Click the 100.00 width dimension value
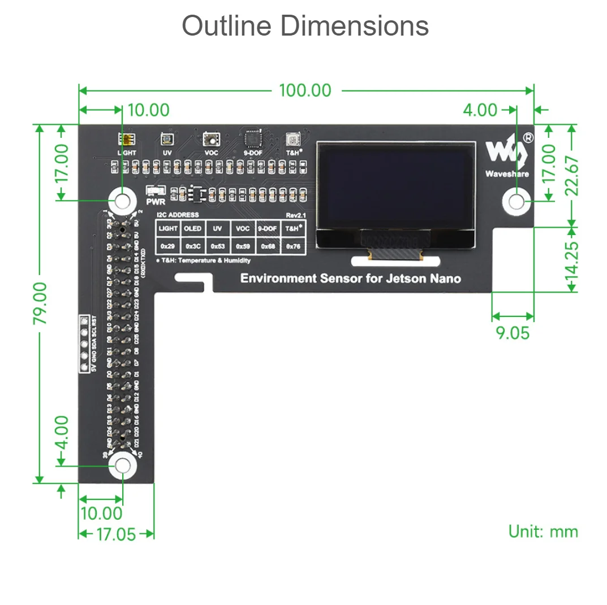305,90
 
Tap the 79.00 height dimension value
40,303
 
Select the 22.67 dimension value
572,175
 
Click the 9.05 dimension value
513,333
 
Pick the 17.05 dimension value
116,534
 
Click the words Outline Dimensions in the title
305,26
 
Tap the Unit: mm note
543,532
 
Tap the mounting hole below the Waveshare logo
516,201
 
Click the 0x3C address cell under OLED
193,246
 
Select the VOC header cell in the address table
243,229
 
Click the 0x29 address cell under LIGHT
167,246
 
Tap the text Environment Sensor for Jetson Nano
350,278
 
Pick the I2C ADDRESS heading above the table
178,215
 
